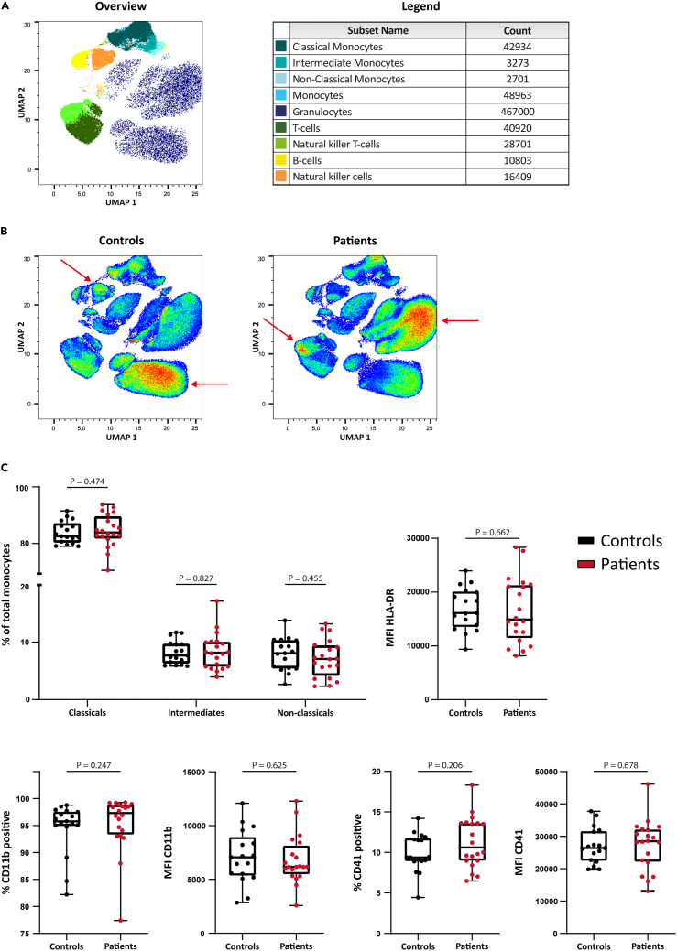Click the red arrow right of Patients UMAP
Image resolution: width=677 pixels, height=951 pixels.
point(464,320)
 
